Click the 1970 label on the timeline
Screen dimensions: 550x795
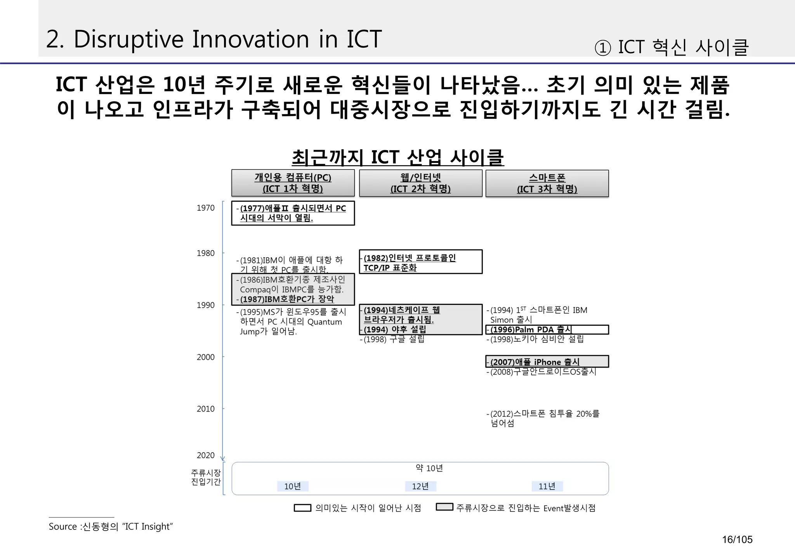click(205, 208)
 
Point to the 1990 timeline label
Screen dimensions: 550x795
click(205, 305)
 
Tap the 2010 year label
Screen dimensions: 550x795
click(205, 409)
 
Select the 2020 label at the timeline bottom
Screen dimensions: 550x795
click(205, 455)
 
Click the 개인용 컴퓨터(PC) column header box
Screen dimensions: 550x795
click(293, 183)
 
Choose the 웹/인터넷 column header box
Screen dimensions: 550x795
click(420, 183)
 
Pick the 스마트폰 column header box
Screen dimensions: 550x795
click(547, 183)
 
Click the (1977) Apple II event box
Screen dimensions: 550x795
click(293, 213)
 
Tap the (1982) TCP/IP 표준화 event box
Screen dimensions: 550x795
click(420, 262)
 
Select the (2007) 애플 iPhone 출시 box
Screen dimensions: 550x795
click(547, 361)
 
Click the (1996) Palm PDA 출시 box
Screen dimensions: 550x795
click(547, 330)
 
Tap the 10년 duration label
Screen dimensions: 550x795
click(293, 486)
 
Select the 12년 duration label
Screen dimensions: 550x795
click(420, 486)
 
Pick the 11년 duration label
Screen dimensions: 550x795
click(547, 486)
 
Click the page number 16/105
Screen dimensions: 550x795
click(737, 540)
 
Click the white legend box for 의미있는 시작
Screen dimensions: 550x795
click(302, 508)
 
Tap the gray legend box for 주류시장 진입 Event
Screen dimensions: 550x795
click(444, 507)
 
